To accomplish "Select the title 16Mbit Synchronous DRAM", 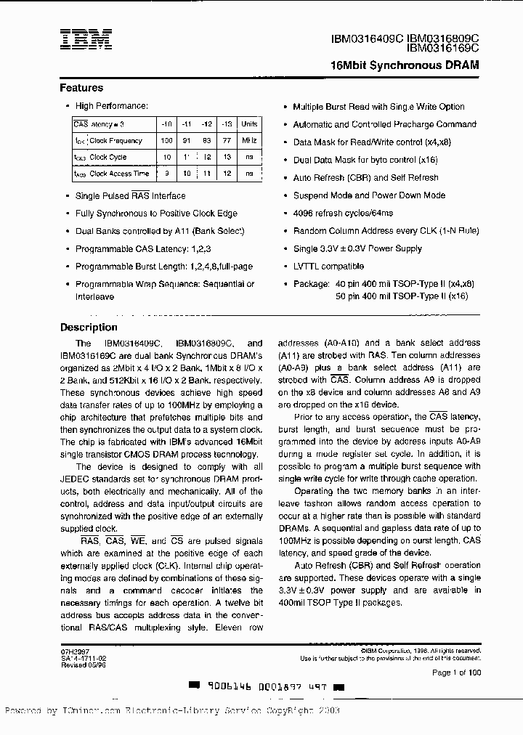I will click(405, 65).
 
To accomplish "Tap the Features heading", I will click(81, 88).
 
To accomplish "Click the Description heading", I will click(89, 327).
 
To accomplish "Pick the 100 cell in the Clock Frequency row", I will click(166, 140).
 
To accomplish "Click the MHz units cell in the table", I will click(249, 140).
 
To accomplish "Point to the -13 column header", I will click(227, 124).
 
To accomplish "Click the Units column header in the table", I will click(249, 124).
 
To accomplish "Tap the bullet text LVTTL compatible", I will click(328, 266).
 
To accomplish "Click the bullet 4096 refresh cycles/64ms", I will click(343, 213).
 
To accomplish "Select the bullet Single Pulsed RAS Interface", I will click(131, 195).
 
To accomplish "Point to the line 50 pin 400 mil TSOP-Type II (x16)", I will click(402, 296).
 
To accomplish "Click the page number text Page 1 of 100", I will click(456, 673).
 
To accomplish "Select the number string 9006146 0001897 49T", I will click(266, 686).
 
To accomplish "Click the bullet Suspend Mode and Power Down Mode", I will click(369, 195).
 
